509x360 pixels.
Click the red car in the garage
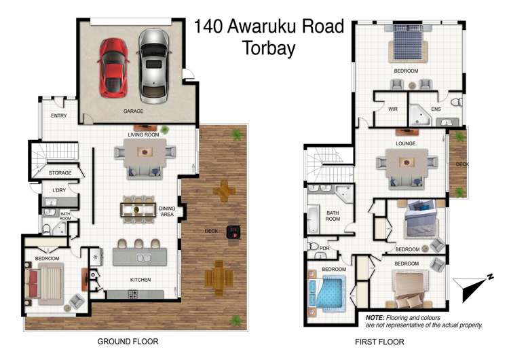113,66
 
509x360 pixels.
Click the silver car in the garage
153,64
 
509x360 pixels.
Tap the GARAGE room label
133,111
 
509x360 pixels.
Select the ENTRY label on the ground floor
59,116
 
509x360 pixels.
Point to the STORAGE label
60,173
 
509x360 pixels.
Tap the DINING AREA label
168,211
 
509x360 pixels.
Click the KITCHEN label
140,280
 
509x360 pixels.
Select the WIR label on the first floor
392,109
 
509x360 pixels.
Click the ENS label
436,109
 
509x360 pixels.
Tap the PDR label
324,248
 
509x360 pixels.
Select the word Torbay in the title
270,48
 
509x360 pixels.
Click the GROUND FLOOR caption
129,341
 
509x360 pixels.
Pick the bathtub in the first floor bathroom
314,219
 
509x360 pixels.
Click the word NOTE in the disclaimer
375,318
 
